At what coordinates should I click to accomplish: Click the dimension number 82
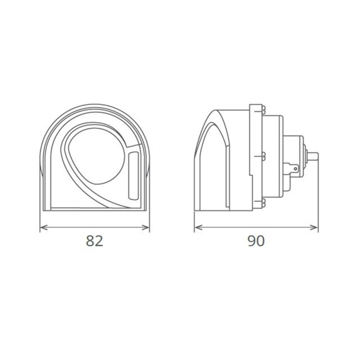click(95, 241)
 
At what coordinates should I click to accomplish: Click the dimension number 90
click(256, 241)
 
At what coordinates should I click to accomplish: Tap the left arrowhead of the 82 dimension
click(43, 228)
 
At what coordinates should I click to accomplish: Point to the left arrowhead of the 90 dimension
click(197, 228)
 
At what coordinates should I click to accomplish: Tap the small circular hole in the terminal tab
click(295, 169)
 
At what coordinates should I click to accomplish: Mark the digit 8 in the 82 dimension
click(90, 241)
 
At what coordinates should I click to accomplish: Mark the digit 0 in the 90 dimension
click(261, 241)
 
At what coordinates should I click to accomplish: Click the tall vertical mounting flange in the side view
click(255, 155)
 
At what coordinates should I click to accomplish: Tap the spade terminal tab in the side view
click(292, 168)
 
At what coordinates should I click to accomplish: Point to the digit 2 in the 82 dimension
click(99, 241)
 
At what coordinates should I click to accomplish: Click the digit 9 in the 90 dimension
click(252, 241)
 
